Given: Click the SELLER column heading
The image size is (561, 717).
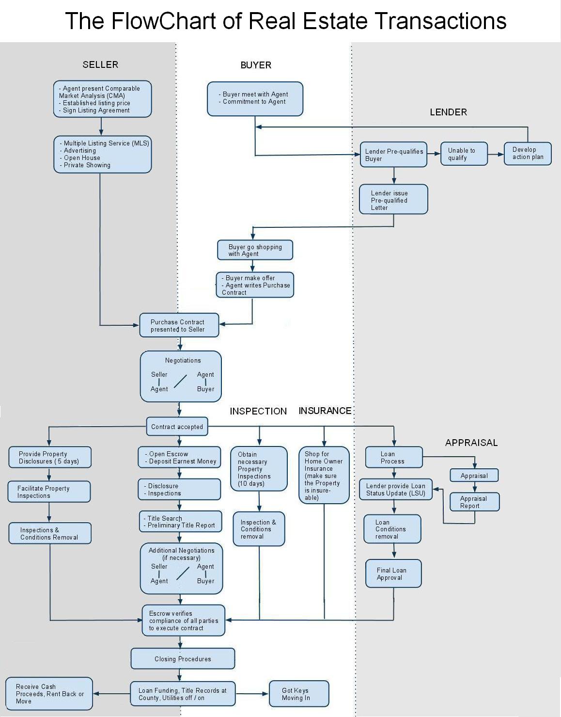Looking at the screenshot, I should point(100,64).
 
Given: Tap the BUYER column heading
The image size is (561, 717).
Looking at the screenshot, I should point(256,65).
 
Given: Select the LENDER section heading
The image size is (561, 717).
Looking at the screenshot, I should point(448,112).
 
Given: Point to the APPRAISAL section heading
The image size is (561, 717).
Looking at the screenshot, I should point(471,443).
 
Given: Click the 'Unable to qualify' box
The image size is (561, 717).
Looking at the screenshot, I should point(464,154).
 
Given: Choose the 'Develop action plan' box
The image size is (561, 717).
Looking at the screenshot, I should point(528,154).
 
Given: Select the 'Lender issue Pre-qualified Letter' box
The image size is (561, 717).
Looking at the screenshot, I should point(393,199).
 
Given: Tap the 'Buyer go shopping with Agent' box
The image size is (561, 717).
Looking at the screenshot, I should point(255,250).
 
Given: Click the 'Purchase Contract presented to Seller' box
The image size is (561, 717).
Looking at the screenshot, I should point(179,325).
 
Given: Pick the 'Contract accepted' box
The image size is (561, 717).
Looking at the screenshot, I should point(177,427).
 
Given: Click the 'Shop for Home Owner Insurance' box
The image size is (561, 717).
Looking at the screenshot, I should point(324,475).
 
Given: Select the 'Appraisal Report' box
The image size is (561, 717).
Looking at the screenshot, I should point(474,502).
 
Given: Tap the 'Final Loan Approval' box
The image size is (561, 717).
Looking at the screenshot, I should point(393,574).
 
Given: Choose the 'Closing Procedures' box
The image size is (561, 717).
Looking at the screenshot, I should point(183,659).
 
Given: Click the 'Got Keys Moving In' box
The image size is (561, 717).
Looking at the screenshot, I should point(298,694).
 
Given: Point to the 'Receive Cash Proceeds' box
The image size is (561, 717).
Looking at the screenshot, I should point(49,694).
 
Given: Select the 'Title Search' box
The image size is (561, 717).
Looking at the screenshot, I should point(180,522).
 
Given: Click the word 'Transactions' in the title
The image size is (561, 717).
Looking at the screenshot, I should point(440,21).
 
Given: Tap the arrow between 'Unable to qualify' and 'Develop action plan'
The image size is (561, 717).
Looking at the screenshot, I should point(496,154).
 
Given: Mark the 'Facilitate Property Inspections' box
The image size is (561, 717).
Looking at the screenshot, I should point(49,492).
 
